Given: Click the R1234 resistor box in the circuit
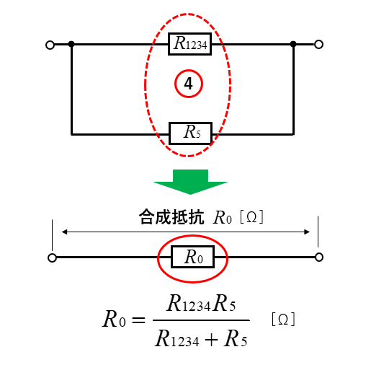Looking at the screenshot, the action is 189,44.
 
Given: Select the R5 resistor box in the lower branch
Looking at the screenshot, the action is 190,133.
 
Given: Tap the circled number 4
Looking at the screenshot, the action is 189,84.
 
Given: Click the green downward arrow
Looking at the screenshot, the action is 190,182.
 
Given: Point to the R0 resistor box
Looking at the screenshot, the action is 192,257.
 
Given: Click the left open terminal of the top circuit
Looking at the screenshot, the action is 50,45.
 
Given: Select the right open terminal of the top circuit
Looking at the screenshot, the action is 318,45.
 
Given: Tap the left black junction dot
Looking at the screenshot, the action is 71,44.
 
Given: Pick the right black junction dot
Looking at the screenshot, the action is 293,44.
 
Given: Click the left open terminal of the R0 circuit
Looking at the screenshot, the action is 52,258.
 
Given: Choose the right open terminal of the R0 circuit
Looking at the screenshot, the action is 319,257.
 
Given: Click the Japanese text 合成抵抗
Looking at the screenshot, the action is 171,217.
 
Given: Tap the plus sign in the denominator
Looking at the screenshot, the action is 211,340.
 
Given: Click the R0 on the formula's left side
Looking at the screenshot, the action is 114,319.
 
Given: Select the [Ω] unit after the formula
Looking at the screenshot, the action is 283,320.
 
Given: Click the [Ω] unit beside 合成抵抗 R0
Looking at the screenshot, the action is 251,217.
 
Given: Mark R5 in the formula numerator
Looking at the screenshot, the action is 224,303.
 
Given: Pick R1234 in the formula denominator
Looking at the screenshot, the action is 177,339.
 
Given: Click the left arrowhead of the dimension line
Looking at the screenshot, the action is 64,232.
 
